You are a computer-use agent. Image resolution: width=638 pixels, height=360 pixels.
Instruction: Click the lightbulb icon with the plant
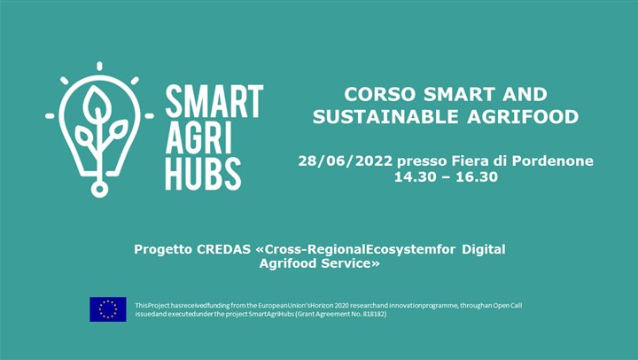click(98, 124)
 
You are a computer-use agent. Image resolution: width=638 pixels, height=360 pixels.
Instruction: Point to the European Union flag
click(108, 309)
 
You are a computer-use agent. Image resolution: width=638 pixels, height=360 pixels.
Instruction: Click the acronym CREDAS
click(223, 249)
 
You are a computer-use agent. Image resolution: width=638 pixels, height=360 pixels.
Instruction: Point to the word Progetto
click(162, 249)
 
